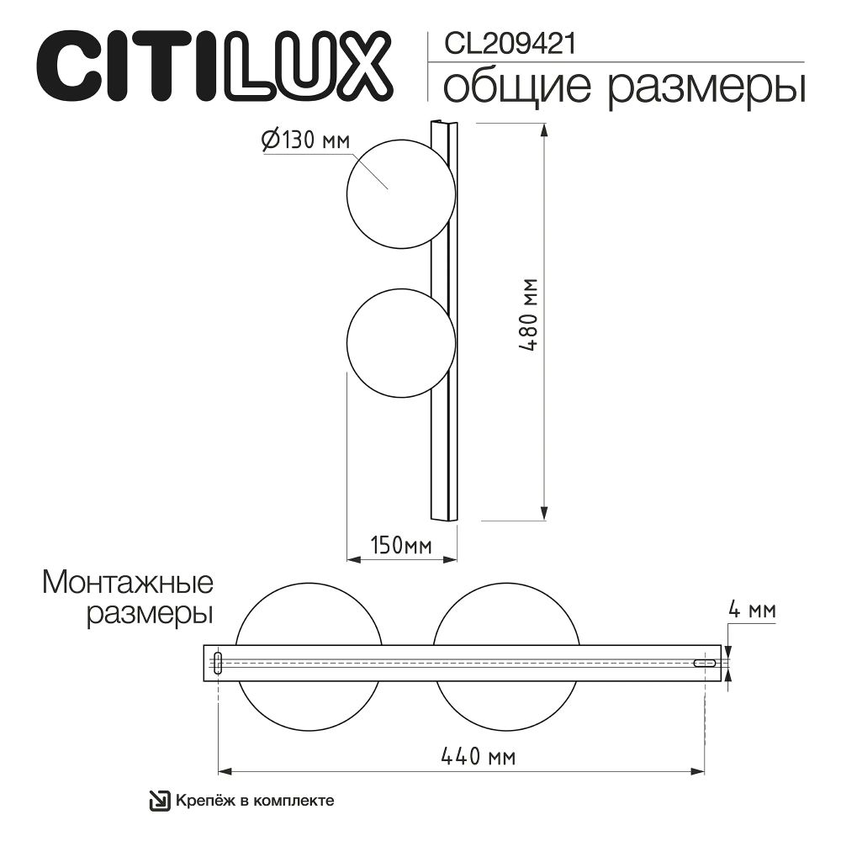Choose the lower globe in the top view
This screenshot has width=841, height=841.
[400, 343]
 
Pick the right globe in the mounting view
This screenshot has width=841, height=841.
[506, 618]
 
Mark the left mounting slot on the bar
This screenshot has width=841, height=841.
[218, 663]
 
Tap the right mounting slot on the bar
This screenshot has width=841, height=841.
[704, 664]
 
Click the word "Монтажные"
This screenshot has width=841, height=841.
[127, 582]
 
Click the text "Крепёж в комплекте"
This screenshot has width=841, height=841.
[256, 801]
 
